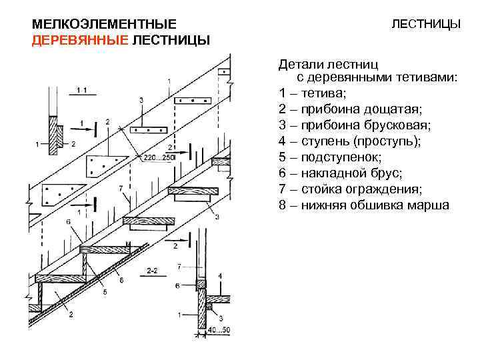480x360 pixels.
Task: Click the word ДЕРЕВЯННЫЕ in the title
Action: pyautogui.click(x=79, y=40)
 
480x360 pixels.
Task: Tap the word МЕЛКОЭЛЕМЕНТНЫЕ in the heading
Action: pyautogui.click(x=104, y=24)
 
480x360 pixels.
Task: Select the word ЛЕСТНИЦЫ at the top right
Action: pyautogui.click(x=425, y=24)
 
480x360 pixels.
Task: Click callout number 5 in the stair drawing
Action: pyautogui.click(x=103, y=293)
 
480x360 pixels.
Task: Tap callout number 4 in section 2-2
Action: pyautogui.click(x=220, y=276)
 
